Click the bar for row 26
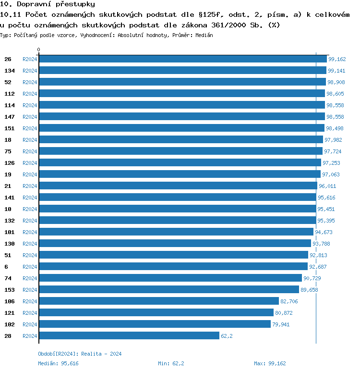coord(182,59)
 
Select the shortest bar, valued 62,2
coord(129,336)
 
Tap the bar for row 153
coord(168,290)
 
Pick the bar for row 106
coord(158,301)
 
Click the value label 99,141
coord(336,71)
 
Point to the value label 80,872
coord(283,313)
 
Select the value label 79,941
coord(280,324)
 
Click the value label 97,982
coord(333,140)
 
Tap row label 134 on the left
coord(10,71)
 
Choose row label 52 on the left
coord(8,82)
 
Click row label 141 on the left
coord(10,198)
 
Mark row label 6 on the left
coord(6,267)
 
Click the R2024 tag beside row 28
coord(30,336)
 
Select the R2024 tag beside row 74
coord(30,278)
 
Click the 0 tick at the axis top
coord(39,50)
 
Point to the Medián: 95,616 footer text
coord(58,363)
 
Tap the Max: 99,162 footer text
coord(270,363)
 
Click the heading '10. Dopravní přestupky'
coord(48,4)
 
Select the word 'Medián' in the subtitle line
coord(204,35)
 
